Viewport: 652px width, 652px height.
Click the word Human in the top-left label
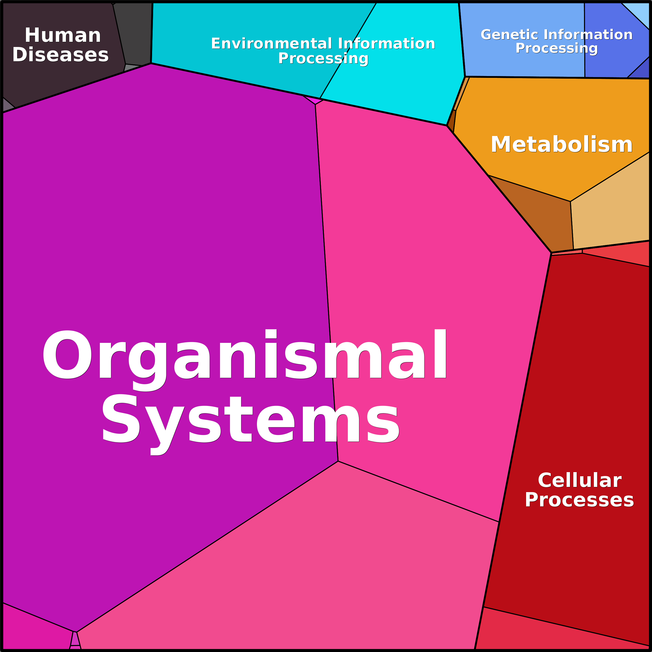63,36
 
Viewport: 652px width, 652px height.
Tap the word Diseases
60,55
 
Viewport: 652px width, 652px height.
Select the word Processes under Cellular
579,500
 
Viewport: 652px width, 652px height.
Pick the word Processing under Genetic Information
556,48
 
